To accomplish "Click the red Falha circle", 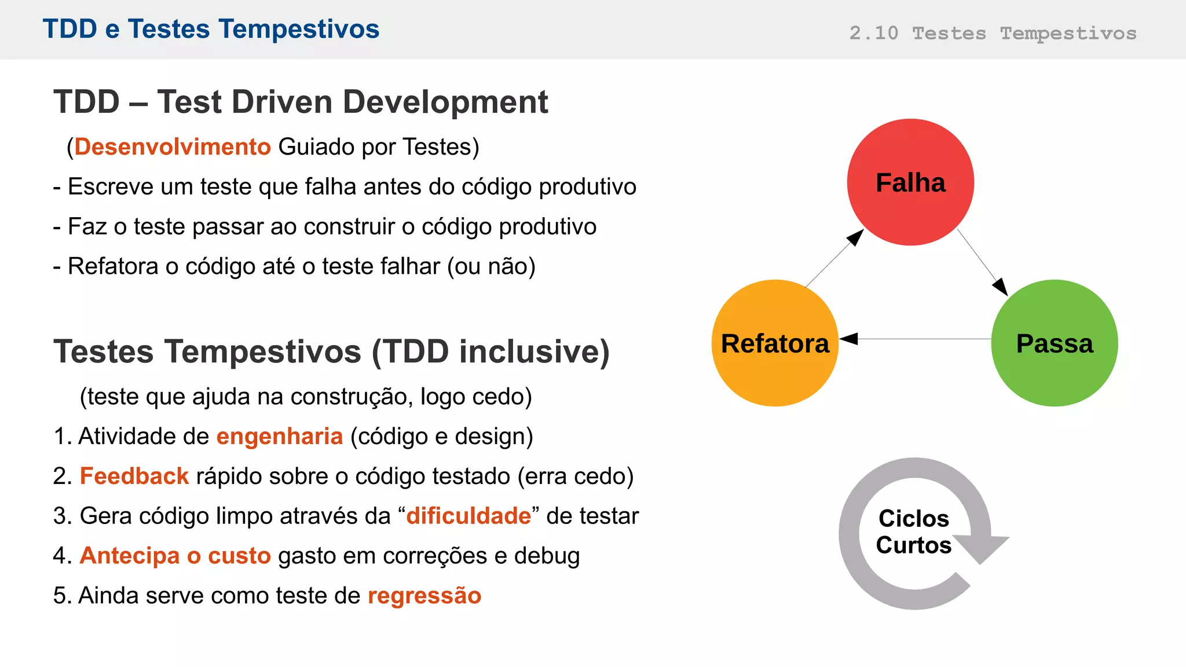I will [910, 182].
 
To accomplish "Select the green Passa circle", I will [1055, 343].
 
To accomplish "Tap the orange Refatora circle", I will [775, 343].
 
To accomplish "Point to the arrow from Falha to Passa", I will [983, 263].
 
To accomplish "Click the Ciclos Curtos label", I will [914, 532].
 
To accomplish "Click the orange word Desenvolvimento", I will [173, 146].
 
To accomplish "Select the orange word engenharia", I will [280, 436].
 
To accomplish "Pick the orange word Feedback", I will [134, 476].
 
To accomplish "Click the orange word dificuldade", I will [468, 516].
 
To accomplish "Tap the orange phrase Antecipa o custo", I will [175, 555].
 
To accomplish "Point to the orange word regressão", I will [424, 595].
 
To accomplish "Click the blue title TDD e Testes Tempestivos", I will [211, 29].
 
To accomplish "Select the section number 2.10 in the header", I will [873, 33].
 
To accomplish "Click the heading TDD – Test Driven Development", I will [301, 102].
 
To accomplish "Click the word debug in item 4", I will [547, 556].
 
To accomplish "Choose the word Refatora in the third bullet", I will [113, 266].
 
